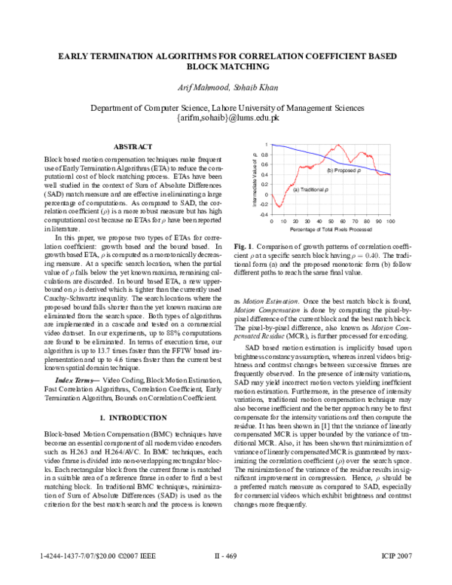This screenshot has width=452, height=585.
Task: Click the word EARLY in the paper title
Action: tap(75, 56)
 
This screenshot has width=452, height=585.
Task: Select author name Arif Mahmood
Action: tap(198, 88)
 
